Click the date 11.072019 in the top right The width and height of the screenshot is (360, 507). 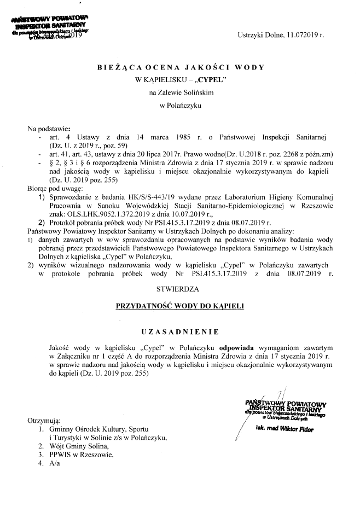[x=297, y=36]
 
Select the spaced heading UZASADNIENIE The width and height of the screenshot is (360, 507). [x=180, y=331]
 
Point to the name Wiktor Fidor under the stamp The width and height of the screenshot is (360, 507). [x=299, y=430]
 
